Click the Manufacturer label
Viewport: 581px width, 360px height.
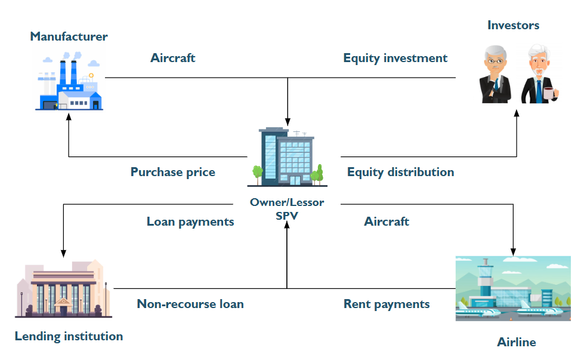(69, 36)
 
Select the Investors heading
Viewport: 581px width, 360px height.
(513, 25)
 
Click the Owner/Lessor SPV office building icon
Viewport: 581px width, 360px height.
(288, 156)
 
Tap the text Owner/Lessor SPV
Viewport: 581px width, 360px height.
(287, 209)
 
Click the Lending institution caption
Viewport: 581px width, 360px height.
(69, 336)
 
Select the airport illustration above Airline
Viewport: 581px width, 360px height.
(513, 289)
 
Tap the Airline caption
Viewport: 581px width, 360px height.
(516, 342)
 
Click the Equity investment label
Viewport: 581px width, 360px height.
(395, 58)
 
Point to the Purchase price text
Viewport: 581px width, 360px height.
(173, 172)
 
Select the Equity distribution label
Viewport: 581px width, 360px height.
(400, 172)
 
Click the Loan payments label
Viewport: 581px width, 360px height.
(190, 221)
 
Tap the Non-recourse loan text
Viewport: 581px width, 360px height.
(190, 304)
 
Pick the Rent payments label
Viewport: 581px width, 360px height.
(387, 304)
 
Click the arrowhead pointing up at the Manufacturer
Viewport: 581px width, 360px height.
(69, 118)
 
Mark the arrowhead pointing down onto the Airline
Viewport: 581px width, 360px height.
(513, 251)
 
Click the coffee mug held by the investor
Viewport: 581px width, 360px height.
(549, 93)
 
